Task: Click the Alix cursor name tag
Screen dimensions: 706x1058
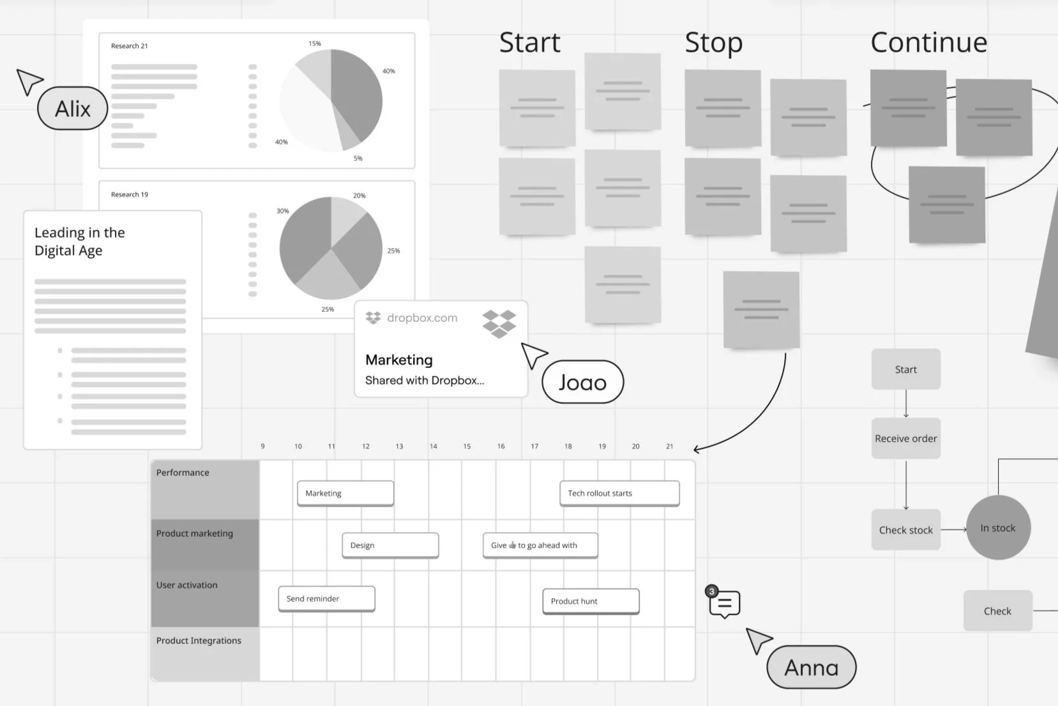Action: pos(73,109)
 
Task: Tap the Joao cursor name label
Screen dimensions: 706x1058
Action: pos(582,382)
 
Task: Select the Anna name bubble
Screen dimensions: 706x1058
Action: pos(811,668)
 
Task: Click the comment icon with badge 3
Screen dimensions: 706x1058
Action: pos(724,603)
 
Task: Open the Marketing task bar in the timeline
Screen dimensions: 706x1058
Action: pos(345,493)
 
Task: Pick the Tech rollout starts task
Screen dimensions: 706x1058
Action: pos(619,493)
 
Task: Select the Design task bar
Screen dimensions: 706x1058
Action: pos(390,545)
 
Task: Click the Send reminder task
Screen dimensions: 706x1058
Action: pos(326,599)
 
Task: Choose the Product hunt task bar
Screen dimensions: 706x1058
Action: pos(591,601)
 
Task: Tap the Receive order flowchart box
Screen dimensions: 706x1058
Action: pos(905,438)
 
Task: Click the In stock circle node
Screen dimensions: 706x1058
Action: pos(998,528)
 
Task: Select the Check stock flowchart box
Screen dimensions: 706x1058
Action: pos(905,530)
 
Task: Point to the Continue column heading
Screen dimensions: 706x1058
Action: pos(928,43)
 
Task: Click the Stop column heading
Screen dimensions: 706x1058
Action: pos(713,43)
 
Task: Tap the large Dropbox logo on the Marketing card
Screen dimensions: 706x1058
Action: pos(499,323)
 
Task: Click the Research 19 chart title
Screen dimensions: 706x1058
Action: pos(130,194)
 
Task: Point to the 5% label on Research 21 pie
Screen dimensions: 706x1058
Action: pos(358,158)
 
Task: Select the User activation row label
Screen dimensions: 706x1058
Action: pos(187,585)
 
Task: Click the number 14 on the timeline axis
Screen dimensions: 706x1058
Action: pos(433,447)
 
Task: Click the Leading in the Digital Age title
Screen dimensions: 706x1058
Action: pos(80,242)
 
